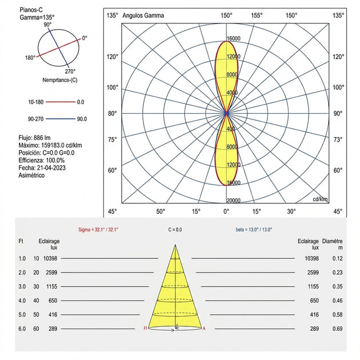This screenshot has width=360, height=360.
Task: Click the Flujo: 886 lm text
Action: point(34,138)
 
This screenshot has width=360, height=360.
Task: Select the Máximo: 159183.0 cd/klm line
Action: point(50,145)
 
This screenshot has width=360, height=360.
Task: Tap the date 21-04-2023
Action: point(51,168)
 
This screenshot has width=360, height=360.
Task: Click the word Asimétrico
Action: point(31,175)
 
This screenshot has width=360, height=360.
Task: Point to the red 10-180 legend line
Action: point(61,102)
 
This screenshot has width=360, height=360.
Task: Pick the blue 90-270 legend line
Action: point(61,119)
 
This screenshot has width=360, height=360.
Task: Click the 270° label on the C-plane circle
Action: point(70,71)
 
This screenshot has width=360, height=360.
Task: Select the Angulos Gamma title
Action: point(143,15)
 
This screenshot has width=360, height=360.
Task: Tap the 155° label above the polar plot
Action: point(257,15)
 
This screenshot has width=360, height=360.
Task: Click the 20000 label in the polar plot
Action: point(234,201)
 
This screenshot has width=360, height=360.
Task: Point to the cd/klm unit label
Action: point(320,199)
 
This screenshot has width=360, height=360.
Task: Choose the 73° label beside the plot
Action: point(338,139)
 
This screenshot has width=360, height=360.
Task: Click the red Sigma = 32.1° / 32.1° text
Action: point(98,230)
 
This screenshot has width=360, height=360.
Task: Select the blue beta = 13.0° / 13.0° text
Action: point(254,230)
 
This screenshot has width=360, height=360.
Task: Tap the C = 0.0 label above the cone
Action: point(175,230)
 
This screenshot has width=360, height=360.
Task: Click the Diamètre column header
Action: point(332,241)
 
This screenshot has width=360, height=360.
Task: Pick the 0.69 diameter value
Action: point(338,329)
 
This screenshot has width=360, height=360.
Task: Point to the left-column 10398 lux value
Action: point(50,258)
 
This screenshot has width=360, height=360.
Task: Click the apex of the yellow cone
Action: point(175,245)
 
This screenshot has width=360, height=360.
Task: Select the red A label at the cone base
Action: point(204,329)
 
